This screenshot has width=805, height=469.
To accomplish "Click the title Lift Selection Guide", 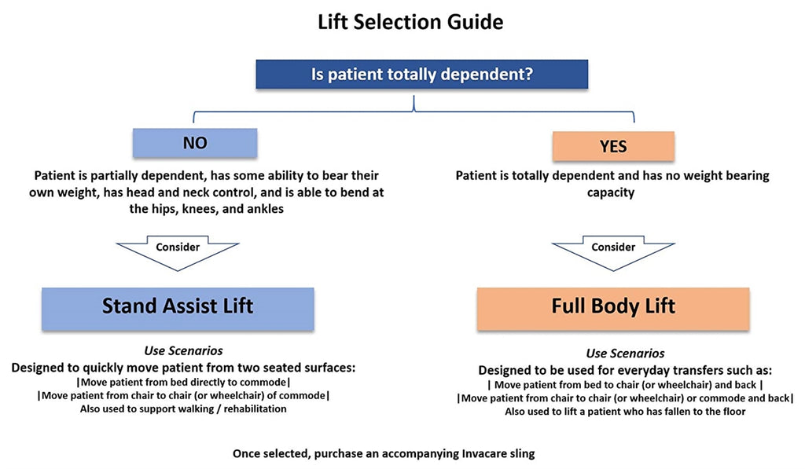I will pyautogui.click(x=410, y=22).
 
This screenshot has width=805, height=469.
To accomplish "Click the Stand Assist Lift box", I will pyautogui.click(x=178, y=306).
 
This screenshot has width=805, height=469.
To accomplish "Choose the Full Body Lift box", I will pyautogui.click(x=613, y=306).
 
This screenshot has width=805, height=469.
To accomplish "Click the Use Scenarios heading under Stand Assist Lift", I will pyautogui.click(x=182, y=350).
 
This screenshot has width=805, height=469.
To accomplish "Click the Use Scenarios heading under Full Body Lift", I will pyautogui.click(x=625, y=354).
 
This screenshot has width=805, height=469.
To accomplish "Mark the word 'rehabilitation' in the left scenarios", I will pyautogui.click(x=249, y=409).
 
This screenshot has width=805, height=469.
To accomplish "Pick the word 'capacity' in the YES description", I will pyautogui.click(x=610, y=192).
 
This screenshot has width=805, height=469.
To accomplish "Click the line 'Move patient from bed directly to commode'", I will pyautogui.click(x=183, y=381).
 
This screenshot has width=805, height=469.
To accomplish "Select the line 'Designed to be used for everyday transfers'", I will pyautogui.click(x=625, y=370).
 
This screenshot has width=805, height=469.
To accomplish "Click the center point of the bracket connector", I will pyautogui.click(x=414, y=104).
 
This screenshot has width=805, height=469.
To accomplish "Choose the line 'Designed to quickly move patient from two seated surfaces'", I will pyautogui.click(x=182, y=366).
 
